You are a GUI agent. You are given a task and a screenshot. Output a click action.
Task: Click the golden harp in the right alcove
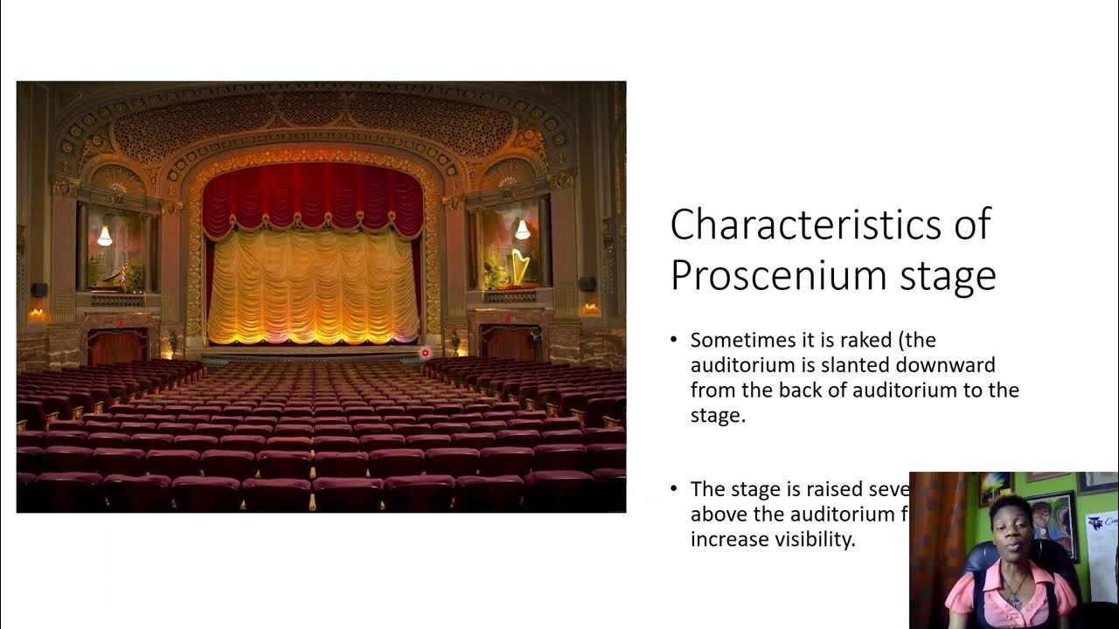pyautogui.click(x=519, y=267)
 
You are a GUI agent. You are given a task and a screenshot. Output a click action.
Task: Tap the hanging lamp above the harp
pyautogui.click(x=522, y=230)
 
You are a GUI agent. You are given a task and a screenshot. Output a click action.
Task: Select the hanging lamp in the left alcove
pyautogui.click(x=105, y=235)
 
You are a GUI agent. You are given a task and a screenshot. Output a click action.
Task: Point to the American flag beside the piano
pyautogui.click(x=123, y=272)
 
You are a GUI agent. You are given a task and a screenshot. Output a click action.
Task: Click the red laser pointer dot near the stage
pyautogui.click(x=426, y=353)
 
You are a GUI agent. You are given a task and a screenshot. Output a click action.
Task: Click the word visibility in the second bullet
pyautogui.click(x=811, y=539)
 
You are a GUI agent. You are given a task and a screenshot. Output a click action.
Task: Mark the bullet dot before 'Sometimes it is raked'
pyautogui.click(x=674, y=340)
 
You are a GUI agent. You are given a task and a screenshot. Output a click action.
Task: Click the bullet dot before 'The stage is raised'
pyautogui.click(x=674, y=489)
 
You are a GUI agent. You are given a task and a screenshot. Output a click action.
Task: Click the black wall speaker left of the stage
pyautogui.click(x=38, y=290)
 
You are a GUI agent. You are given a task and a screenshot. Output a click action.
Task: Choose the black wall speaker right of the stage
pyautogui.click(x=587, y=285)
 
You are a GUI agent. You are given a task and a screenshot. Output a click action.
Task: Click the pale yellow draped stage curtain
pyautogui.click(x=313, y=288)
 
